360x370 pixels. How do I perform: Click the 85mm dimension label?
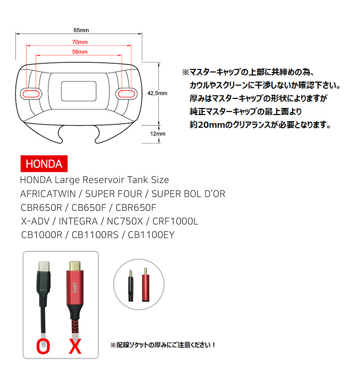[81, 30]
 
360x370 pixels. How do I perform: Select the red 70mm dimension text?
[80, 42]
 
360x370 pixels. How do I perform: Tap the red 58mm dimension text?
[80, 52]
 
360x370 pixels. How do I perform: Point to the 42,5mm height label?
[157, 93]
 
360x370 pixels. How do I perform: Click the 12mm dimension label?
[158, 134]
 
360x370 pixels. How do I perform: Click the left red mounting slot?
[31, 94]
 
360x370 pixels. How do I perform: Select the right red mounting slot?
[127, 94]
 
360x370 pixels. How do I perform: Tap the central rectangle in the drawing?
[79, 91]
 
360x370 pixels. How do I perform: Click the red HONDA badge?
[44, 164]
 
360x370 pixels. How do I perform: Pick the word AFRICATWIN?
[48, 194]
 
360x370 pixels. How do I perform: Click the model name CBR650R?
[41, 208]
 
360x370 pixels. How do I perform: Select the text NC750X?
[125, 221]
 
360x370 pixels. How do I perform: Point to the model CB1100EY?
[151, 235]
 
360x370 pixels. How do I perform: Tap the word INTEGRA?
[78, 221]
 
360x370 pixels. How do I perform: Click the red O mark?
[43, 347]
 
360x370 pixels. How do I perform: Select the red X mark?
[75, 346]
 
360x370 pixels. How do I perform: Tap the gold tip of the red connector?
[75, 266]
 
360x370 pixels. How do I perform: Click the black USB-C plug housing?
[44, 282]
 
